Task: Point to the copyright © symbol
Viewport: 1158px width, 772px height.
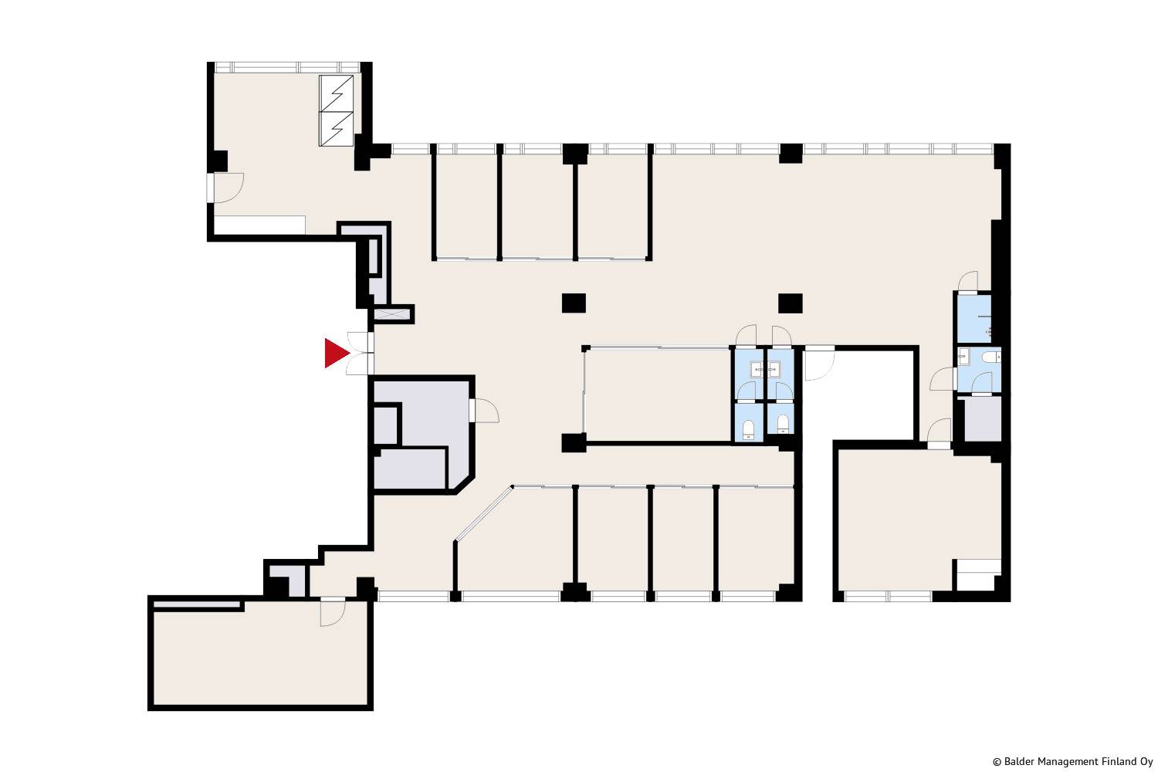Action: point(997,762)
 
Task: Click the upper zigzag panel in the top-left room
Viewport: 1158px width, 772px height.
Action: point(336,93)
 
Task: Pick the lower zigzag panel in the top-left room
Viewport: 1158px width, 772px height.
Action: point(336,129)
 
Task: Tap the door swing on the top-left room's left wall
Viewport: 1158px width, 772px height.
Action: point(229,188)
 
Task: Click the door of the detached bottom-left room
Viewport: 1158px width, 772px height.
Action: point(332,613)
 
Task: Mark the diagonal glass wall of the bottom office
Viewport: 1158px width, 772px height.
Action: point(483,514)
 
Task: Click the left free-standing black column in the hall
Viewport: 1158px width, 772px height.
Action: point(574,303)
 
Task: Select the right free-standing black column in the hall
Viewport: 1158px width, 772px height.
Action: point(791,303)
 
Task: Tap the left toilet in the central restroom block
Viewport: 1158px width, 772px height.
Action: point(748,429)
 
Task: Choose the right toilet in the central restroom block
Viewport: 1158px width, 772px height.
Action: point(783,424)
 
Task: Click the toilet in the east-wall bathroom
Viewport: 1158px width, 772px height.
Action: point(991,357)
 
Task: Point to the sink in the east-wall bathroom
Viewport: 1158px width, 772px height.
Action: point(963,356)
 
